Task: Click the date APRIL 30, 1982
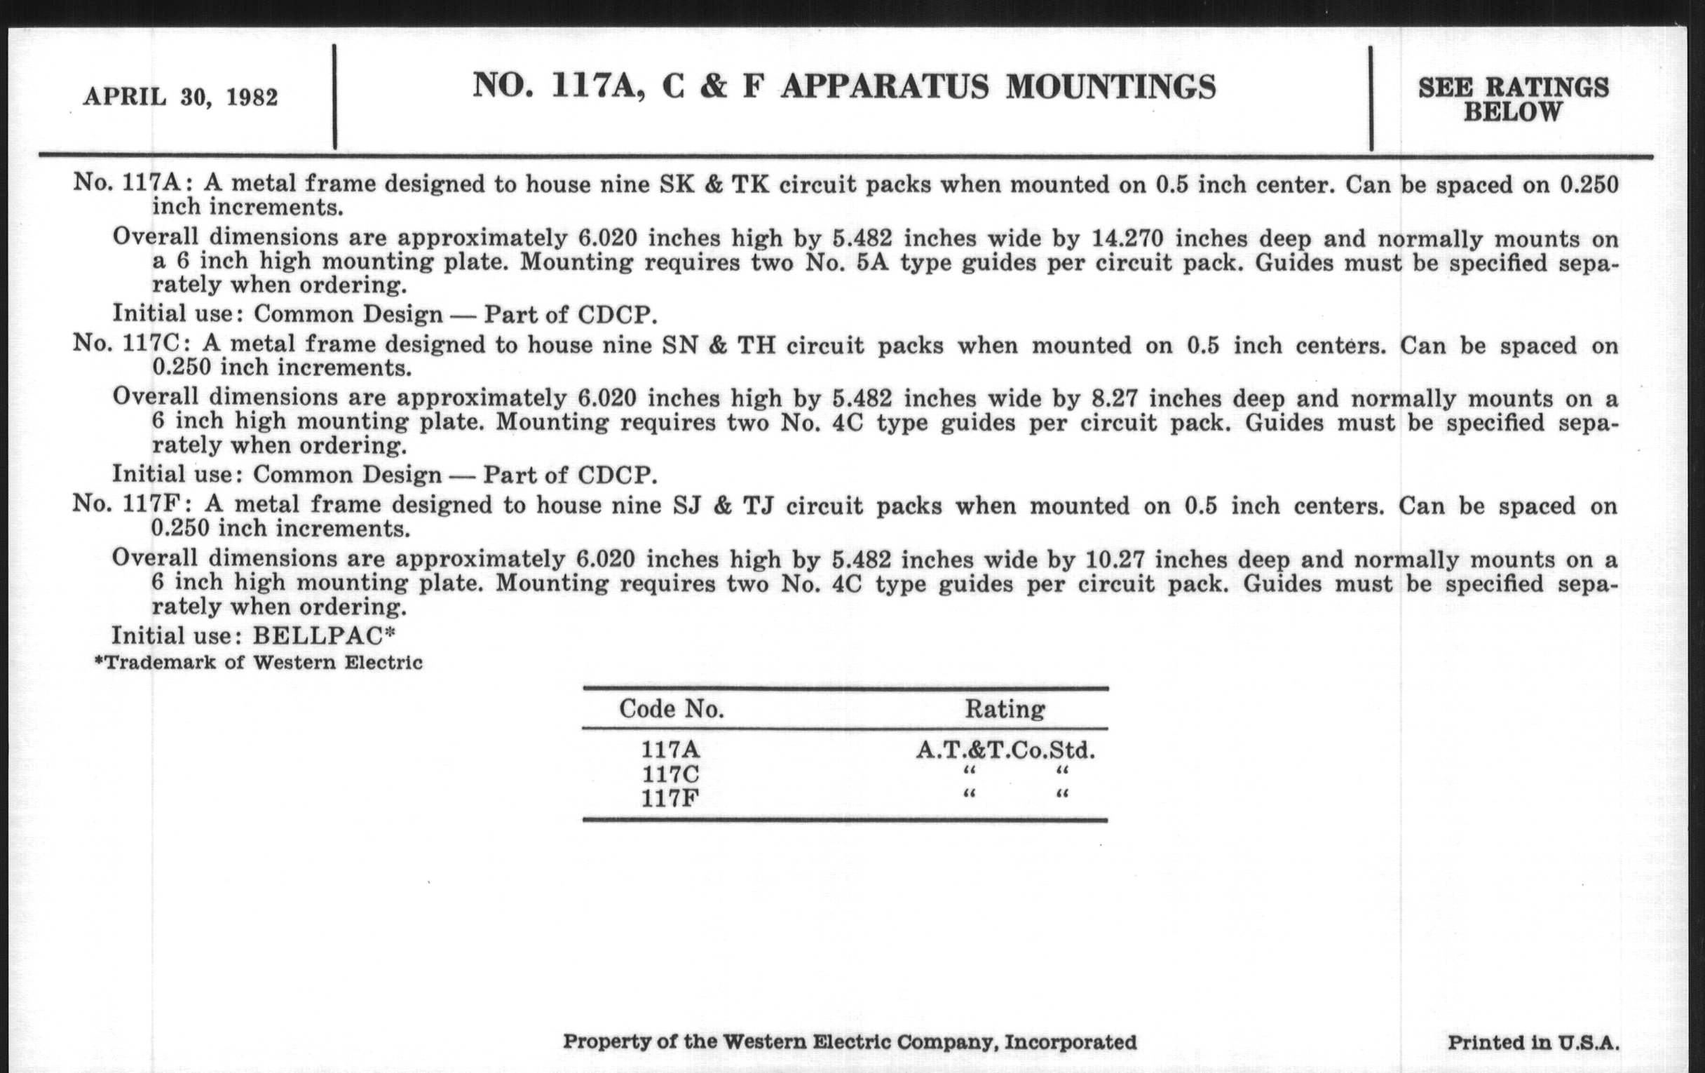click(x=181, y=97)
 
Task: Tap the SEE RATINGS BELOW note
click(x=1513, y=99)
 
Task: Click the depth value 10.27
click(x=1115, y=560)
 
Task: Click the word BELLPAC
click(x=318, y=635)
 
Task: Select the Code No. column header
click(x=671, y=709)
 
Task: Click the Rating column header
click(x=1005, y=709)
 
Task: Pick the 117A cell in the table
click(x=670, y=749)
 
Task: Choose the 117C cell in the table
click(x=670, y=774)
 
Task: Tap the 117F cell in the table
click(x=670, y=798)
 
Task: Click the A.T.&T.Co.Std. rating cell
click(x=1005, y=749)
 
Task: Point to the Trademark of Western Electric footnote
click(x=259, y=663)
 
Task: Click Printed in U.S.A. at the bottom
click(x=1533, y=1043)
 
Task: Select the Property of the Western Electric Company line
click(x=850, y=1042)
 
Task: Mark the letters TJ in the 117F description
click(x=758, y=506)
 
